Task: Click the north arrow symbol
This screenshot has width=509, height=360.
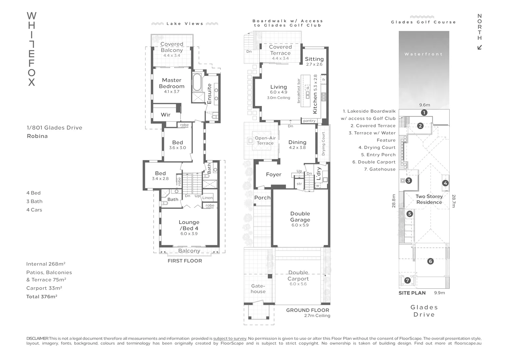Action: [x=480, y=47]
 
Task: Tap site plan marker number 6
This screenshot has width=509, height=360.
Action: [x=430, y=261]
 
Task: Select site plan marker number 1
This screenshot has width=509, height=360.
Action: [x=424, y=113]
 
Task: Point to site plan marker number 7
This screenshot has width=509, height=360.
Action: [x=407, y=280]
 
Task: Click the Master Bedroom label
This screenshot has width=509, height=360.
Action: [x=172, y=83]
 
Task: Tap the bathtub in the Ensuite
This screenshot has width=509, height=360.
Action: [x=197, y=82]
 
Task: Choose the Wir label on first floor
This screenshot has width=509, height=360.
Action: [x=166, y=115]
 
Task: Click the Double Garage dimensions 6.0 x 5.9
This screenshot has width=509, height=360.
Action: [x=300, y=225]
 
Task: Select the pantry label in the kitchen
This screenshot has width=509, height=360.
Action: [x=309, y=121]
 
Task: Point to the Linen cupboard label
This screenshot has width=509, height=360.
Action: [x=208, y=198]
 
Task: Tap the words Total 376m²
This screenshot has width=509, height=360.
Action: [x=42, y=297]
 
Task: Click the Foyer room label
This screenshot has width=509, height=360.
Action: [x=273, y=174]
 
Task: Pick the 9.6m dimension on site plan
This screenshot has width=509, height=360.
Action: [x=424, y=105]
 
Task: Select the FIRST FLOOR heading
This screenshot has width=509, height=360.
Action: [x=185, y=261]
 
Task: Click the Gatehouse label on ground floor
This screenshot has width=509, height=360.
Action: [x=258, y=289]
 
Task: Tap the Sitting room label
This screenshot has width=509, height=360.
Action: [x=314, y=59]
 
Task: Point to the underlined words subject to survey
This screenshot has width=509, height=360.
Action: [x=230, y=338]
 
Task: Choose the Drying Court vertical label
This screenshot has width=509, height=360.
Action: [x=323, y=144]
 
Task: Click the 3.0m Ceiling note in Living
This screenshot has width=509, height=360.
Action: [x=278, y=98]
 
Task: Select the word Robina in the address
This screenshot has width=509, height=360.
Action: [x=37, y=136]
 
